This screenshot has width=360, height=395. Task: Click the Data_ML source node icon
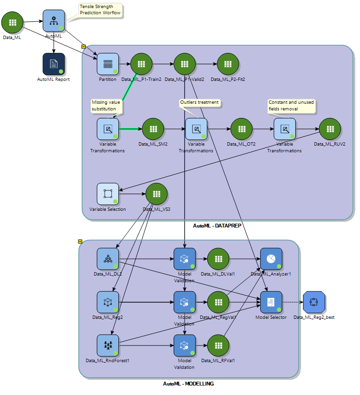click(12, 22)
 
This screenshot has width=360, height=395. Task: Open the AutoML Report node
click(54, 64)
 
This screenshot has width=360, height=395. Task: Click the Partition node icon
click(108, 64)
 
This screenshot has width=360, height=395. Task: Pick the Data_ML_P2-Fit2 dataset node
click(228, 64)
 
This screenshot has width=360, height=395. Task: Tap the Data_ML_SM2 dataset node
click(153, 129)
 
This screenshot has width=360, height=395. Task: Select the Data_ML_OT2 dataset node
click(241, 129)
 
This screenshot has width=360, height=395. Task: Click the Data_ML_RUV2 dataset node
click(329, 129)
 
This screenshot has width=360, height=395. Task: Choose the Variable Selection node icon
click(108, 194)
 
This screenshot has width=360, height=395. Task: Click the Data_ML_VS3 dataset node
click(156, 194)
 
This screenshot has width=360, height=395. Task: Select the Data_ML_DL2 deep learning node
click(108, 259)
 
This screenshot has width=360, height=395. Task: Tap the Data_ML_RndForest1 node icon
click(108, 346)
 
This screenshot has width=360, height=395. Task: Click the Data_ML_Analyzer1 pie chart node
click(271, 259)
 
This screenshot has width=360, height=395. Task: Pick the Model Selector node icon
click(271, 302)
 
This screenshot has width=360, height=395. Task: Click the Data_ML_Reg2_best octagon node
click(313, 302)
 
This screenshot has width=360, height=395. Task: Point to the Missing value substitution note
click(107, 106)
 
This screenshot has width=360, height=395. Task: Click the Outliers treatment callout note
click(199, 102)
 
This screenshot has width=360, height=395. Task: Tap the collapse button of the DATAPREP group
click(84, 47)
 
